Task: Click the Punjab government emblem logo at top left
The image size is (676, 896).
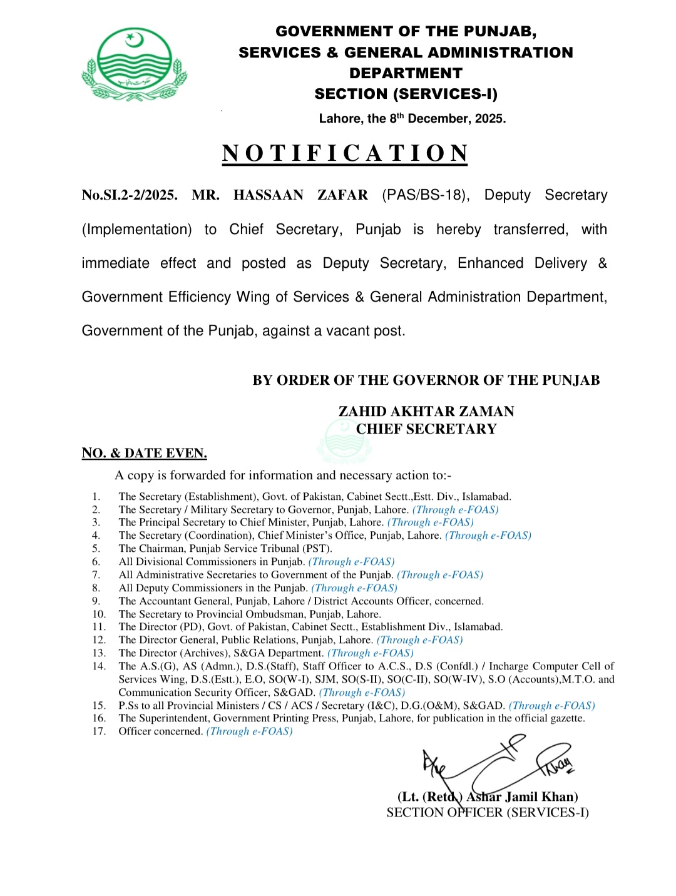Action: [x=134, y=64]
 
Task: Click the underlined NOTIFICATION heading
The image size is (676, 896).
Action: [x=345, y=153]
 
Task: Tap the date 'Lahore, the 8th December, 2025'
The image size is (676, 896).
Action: [x=412, y=119]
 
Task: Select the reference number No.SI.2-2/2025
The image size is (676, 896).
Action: [x=130, y=195]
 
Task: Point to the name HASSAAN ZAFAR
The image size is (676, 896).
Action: [x=300, y=195]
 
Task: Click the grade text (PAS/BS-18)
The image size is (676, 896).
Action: [x=426, y=195]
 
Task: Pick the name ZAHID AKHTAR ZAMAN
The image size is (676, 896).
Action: [x=426, y=411]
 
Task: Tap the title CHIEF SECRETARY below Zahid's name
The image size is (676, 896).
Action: [x=426, y=429]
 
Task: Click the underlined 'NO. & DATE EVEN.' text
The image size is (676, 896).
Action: [x=145, y=453]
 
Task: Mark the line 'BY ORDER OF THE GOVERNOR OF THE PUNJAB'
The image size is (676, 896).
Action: [x=426, y=380]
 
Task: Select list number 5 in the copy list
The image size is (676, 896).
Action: [x=96, y=549]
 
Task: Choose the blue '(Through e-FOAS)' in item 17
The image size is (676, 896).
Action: [x=250, y=731]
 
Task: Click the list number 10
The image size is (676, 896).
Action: [x=99, y=614]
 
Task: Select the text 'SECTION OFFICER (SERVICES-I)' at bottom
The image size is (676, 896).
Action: [x=488, y=812]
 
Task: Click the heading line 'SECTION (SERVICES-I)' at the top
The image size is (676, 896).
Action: [x=406, y=94]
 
